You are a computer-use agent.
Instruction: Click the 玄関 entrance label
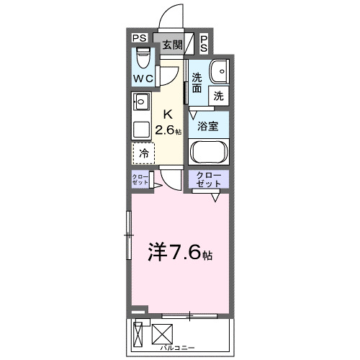171,44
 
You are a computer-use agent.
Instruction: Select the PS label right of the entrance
204,44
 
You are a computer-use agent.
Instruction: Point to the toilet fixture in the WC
142,56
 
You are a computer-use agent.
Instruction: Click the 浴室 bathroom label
207,126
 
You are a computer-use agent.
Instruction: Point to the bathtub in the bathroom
209,152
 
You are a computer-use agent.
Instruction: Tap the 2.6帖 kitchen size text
171,130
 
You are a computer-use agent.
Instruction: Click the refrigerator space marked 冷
143,153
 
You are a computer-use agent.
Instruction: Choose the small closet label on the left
140,179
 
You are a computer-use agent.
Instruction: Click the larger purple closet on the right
209,179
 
